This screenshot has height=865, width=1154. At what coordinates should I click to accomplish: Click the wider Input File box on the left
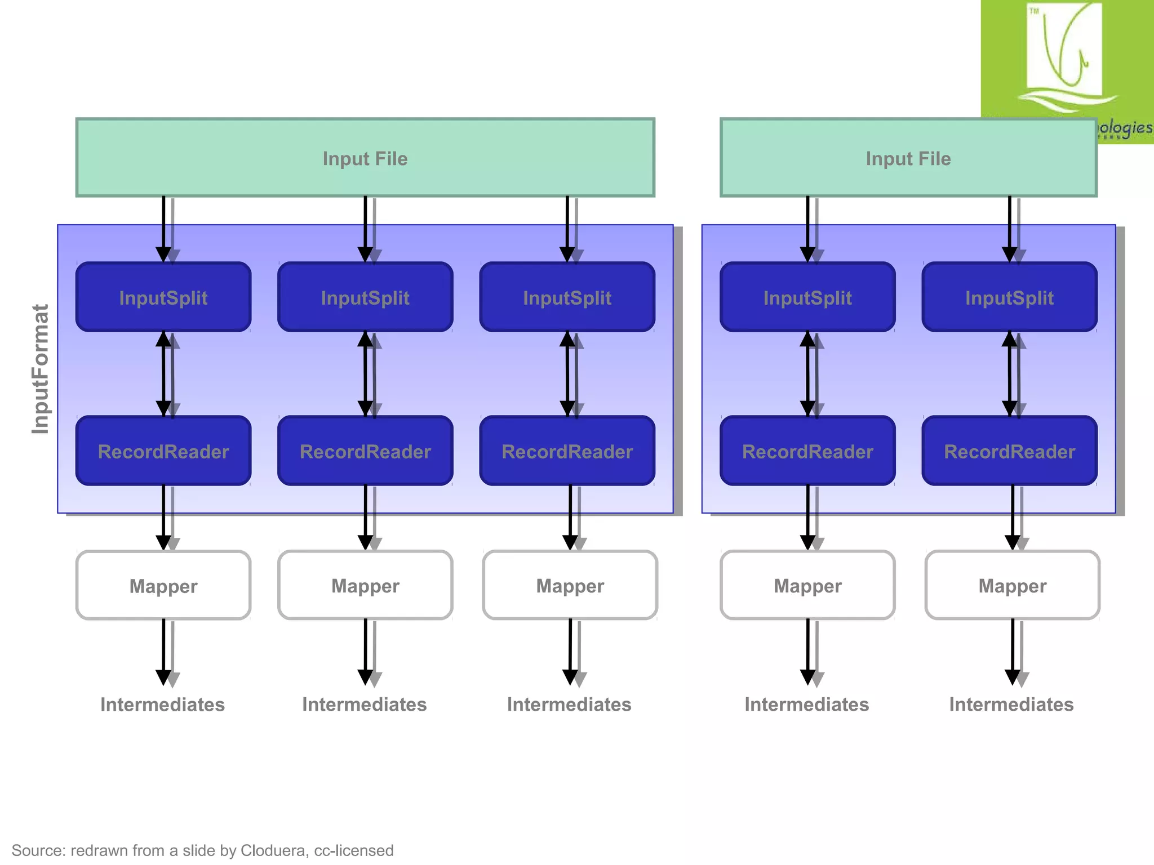pyautogui.click(x=365, y=158)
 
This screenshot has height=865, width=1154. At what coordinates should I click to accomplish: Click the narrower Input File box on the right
pyautogui.click(x=908, y=158)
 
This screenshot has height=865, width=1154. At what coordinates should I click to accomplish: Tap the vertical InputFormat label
pyautogui.click(x=41, y=369)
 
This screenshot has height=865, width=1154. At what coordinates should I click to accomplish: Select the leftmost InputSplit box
pyautogui.click(x=163, y=297)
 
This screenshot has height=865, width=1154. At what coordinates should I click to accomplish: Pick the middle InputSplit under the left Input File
pyautogui.click(x=365, y=297)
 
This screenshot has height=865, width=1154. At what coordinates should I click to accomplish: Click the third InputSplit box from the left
pyautogui.click(x=567, y=297)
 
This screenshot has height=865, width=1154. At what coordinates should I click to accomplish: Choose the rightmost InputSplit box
pyautogui.click(x=1009, y=297)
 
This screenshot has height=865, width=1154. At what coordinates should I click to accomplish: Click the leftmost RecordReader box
pyautogui.click(x=163, y=451)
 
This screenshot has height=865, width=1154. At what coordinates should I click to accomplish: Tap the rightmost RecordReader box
pyautogui.click(x=1009, y=451)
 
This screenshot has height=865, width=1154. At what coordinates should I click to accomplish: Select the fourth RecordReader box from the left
pyautogui.click(x=807, y=451)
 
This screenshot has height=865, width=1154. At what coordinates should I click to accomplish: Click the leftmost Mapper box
pyautogui.click(x=163, y=586)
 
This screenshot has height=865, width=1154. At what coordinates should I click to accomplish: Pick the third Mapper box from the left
pyautogui.click(x=570, y=586)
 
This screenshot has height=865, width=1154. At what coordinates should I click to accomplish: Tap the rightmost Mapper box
pyautogui.click(x=1012, y=586)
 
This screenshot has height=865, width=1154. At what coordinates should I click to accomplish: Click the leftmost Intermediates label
pyautogui.click(x=162, y=705)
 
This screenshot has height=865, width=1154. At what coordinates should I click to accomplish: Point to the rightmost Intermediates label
pyautogui.click(x=1011, y=705)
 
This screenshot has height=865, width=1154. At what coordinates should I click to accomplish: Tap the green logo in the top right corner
pyautogui.click(x=1065, y=56)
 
